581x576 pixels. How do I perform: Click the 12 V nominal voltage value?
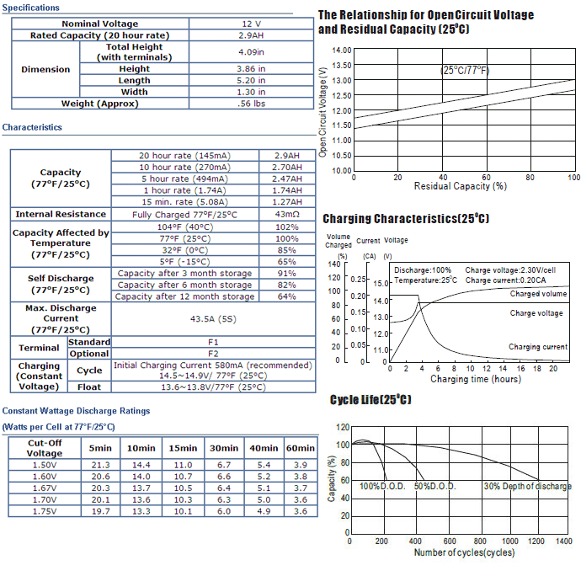coord(251,24)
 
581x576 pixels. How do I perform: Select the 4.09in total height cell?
coord(251,52)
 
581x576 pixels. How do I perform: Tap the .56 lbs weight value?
coord(251,104)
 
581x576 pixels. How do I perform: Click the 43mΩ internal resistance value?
coord(287,214)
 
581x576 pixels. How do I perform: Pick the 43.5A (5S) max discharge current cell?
coord(213,319)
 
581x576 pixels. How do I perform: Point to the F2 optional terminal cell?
coord(213,354)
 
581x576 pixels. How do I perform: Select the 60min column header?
coord(300,448)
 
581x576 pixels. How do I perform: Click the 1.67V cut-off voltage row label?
coord(45,488)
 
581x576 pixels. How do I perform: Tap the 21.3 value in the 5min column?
coord(100,465)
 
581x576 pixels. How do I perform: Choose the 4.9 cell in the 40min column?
coord(264,511)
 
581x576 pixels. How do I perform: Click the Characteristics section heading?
coord(32,127)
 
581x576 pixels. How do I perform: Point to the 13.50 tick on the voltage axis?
coord(341,65)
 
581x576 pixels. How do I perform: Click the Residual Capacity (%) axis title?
coord(461,186)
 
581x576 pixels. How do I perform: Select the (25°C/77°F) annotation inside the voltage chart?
coord(465,70)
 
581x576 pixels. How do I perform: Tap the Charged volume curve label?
coord(538,294)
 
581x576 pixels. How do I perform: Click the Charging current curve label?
coord(538,347)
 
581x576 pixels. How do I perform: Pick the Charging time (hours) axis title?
coord(476,379)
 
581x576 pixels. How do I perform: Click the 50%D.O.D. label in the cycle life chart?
coord(435,486)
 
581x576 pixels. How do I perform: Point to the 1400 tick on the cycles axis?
coord(563,541)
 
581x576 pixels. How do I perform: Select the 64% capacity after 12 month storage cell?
coord(287,296)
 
